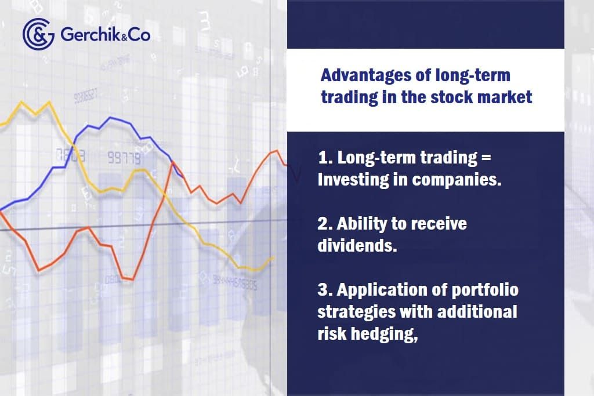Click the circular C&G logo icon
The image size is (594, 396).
click(39, 34)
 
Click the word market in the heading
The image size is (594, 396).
click(509, 96)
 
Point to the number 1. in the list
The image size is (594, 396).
click(325, 158)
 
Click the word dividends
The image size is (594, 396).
click(357, 245)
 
